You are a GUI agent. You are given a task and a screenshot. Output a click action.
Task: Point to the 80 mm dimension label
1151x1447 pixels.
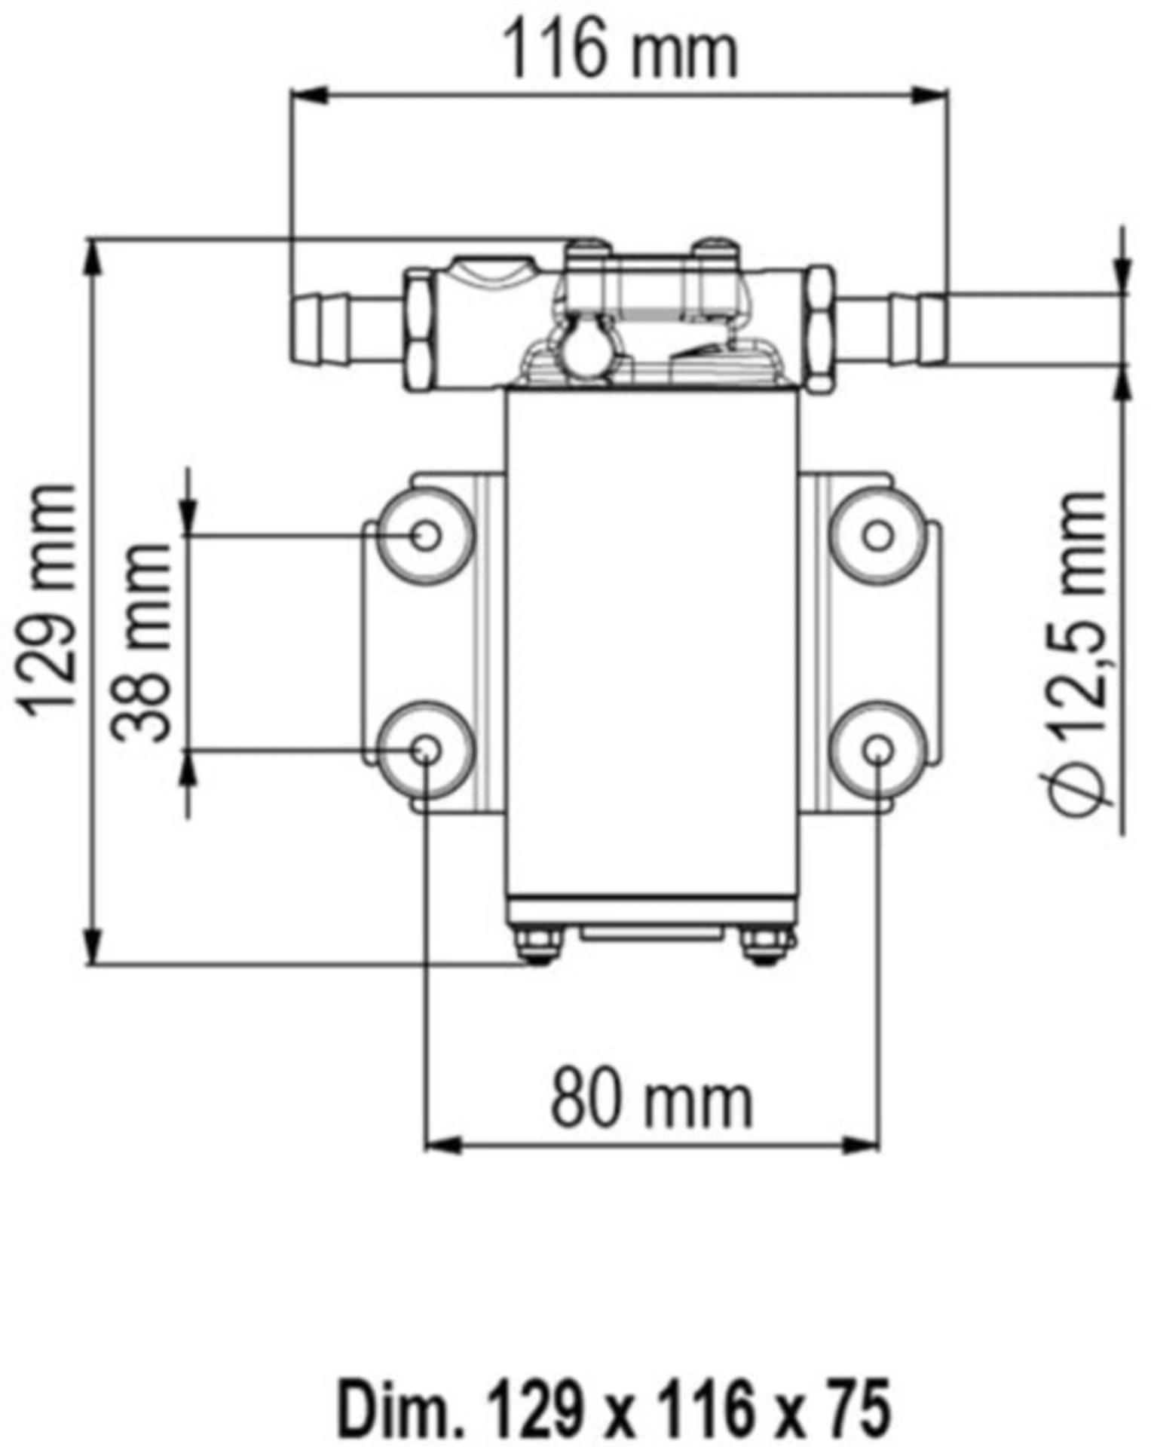(652, 1100)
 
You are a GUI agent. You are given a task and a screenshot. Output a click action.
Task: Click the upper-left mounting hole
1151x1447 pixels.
(426, 535)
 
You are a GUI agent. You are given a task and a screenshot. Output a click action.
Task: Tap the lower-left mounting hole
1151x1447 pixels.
(426, 749)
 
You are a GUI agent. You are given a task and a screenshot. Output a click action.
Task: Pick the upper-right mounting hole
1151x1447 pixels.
(878, 536)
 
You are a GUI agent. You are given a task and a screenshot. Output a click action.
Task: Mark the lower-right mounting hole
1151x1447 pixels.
(878, 749)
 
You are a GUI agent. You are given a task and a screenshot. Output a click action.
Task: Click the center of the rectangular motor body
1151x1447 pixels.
(653, 641)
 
